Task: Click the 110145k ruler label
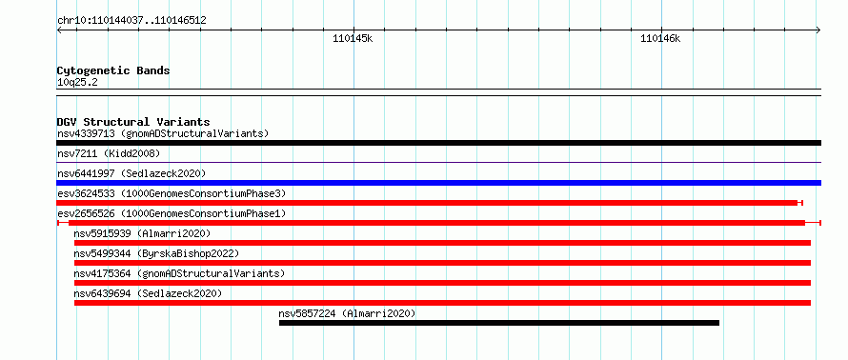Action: [353, 38]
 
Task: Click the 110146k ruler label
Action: [660, 38]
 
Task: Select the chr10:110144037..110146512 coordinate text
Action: [131, 21]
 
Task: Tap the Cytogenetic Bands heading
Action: [113, 70]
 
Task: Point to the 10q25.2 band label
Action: [77, 83]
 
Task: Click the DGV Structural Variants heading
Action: [133, 122]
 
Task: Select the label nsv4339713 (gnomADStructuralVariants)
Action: [163, 133]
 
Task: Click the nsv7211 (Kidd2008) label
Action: [109, 154]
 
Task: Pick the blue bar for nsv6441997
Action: [438, 183]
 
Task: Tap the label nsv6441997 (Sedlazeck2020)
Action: [131, 173]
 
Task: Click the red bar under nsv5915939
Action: [442, 243]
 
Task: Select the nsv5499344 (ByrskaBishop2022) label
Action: [156, 253]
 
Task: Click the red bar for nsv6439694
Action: [442, 303]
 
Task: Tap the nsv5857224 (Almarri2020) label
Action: [347, 313]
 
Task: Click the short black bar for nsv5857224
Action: [499, 323]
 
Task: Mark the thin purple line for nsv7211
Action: [438, 162]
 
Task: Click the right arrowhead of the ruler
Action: [818, 30]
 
